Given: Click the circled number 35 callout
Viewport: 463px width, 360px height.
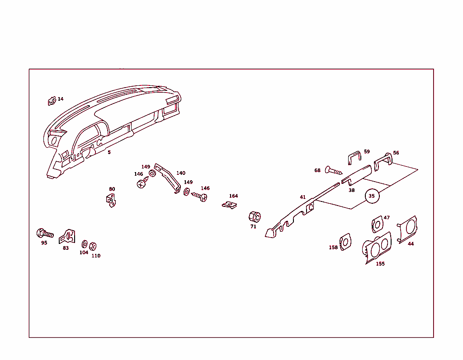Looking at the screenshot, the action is click(372, 196).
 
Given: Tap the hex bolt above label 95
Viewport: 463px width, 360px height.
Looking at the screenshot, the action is click(45, 234).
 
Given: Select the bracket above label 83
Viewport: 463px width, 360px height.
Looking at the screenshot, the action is click(67, 237).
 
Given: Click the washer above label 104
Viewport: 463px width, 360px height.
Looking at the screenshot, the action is click(85, 244).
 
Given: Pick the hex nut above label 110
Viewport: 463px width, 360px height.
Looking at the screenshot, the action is click(93, 246).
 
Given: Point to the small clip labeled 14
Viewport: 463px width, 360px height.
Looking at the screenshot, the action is click(52, 101).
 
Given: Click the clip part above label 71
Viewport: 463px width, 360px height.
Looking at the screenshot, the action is click(254, 217).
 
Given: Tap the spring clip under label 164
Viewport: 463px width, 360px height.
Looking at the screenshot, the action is click(229, 205).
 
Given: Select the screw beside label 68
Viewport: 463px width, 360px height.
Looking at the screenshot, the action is click(333, 171).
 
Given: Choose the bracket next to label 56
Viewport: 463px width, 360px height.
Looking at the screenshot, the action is click(383, 162).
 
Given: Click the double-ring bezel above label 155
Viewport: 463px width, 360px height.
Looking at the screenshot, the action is click(377, 248).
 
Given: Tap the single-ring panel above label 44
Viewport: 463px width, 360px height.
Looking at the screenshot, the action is click(408, 229).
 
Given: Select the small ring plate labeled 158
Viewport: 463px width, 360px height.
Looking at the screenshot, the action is click(345, 242).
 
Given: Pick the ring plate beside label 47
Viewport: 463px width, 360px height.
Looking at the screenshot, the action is click(377, 224).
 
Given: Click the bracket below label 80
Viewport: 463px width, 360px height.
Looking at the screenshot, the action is click(111, 201).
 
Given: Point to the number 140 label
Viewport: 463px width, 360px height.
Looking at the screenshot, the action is click(181, 173).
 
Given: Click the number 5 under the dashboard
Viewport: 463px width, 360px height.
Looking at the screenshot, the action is click(109, 152).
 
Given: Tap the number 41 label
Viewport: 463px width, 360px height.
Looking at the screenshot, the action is click(302, 197).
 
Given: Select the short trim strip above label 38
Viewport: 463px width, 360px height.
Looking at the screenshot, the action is click(356, 174).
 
